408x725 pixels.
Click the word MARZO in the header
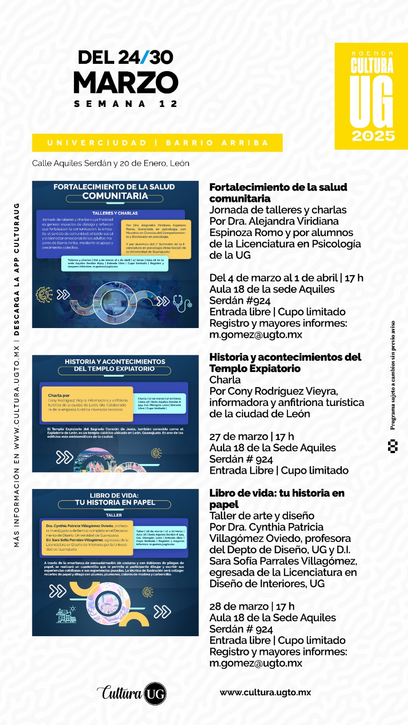click(126, 82)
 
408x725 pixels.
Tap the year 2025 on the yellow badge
click(373, 136)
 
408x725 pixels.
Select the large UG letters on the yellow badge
click(371, 101)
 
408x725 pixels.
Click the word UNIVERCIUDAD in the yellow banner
click(97, 143)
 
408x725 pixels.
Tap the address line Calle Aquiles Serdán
click(111, 163)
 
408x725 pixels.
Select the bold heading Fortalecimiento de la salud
click(278, 188)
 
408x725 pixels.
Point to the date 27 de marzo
click(239, 436)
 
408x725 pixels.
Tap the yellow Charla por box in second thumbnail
click(87, 402)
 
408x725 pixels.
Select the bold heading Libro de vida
click(277, 493)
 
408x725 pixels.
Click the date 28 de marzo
click(239, 606)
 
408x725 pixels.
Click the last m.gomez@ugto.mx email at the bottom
click(256, 663)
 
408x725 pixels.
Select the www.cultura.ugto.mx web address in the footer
click(265, 692)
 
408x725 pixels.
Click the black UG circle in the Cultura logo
click(155, 694)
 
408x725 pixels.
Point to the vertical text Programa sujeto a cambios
click(393, 375)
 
